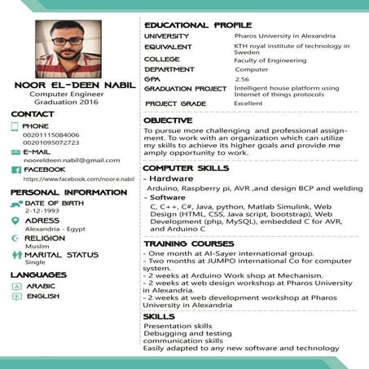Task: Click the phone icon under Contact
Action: (15, 127)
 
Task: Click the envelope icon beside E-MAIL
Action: (15, 152)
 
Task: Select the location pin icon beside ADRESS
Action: (15, 221)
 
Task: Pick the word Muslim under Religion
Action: (37, 246)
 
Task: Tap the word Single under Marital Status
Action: (35, 263)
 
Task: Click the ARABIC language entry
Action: (42, 287)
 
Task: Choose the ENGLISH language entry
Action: (42, 297)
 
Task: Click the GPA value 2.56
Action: (242, 79)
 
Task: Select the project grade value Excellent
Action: (248, 104)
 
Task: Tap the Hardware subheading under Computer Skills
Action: (171, 178)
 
